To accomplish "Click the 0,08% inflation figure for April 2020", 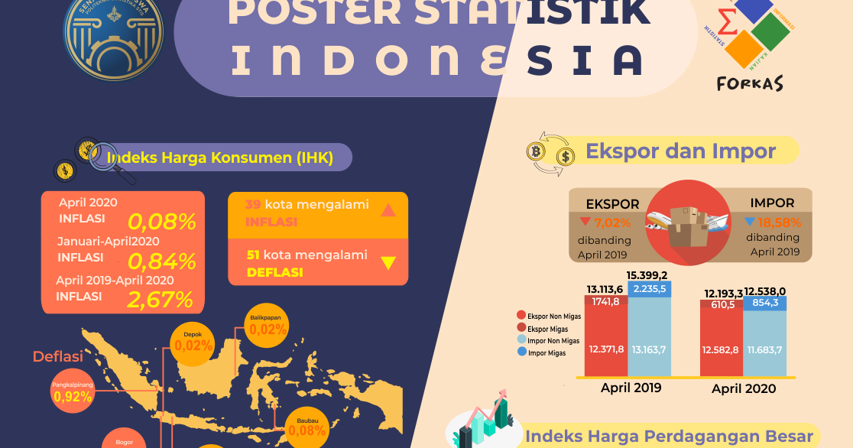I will click(162, 222).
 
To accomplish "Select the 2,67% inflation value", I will click(161, 300).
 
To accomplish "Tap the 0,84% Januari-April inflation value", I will click(162, 261).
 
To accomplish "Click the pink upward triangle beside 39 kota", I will click(388, 210).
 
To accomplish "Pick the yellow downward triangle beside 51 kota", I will click(388, 263).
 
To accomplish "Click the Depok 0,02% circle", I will click(193, 341).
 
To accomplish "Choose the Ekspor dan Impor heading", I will click(680, 151).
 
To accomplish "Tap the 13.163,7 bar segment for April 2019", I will click(649, 349).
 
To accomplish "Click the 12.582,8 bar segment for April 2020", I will click(721, 349).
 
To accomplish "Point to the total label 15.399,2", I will click(647, 275).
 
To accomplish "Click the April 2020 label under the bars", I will click(743, 388).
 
